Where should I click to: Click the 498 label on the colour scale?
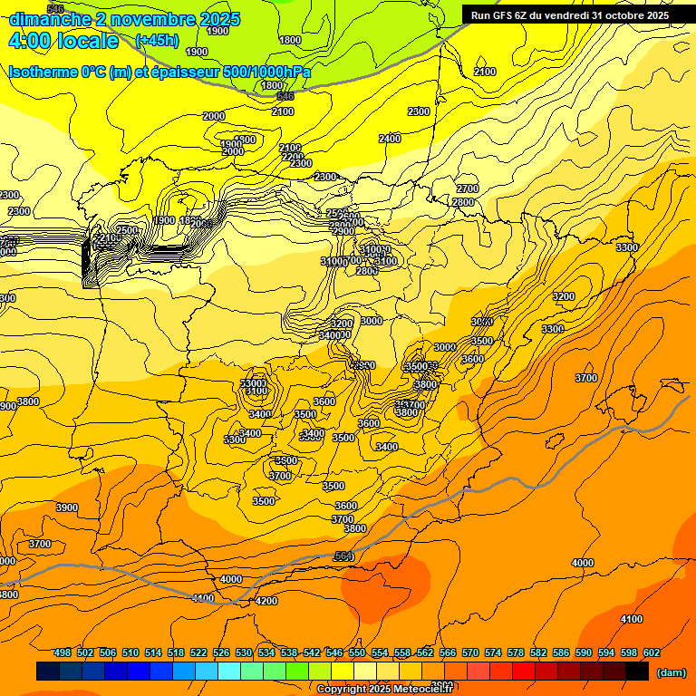(63, 652)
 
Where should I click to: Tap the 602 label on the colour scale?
(651, 652)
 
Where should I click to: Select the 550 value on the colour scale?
(356, 652)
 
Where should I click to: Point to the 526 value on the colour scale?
(221, 652)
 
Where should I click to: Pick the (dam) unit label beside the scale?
(671, 672)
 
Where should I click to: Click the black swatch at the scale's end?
(637, 672)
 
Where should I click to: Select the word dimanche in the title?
(51, 19)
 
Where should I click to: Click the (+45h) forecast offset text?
(157, 41)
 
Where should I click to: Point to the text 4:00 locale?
(63, 41)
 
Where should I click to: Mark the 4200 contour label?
(266, 601)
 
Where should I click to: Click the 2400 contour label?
(390, 139)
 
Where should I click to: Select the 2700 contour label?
(467, 188)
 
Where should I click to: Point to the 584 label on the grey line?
(343, 556)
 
